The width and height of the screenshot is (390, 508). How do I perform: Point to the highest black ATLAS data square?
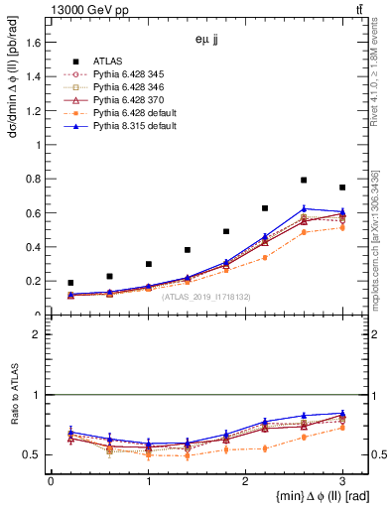point(304,181)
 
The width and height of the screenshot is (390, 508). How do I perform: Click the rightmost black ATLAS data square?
point(342,188)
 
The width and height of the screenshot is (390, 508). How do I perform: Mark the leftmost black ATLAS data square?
point(70,283)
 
